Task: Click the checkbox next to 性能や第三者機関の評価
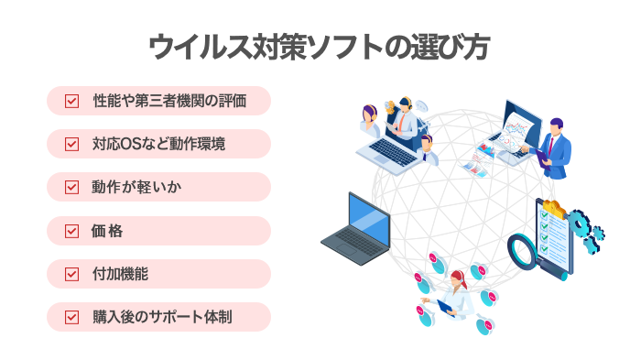pyautogui.click(x=71, y=101)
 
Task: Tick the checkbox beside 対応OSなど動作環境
pyautogui.click(x=71, y=144)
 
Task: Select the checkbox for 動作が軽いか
pyautogui.click(x=71, y=187)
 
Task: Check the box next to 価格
pyautogui.click(x=71, y=231)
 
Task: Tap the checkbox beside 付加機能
pyautogui.click(x=71, y=274)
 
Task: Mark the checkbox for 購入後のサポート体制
pyautogui.click(x=71, y=317)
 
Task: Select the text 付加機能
pyautogui.click(x=121, y=274)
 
